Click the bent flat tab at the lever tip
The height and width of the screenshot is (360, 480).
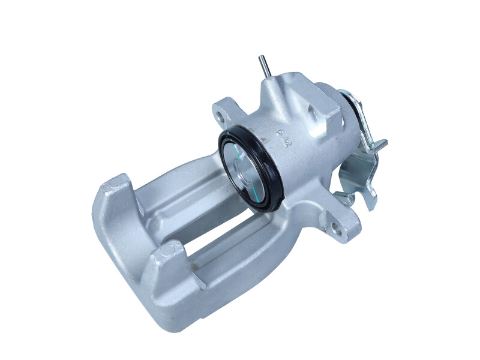(380, 143)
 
